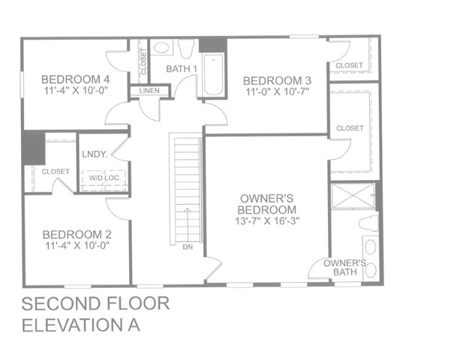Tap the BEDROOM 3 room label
coord(277,80)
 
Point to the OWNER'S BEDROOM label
coord(267,204)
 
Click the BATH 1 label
coord(182,69)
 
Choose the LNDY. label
coord(97,156)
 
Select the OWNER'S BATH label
coord(345,268)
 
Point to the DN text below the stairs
coord(187,247)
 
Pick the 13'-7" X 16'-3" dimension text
coord(267,221)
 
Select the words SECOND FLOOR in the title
coord(96,304)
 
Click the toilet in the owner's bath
coord(368,223)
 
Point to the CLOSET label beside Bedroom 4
coord(143,61)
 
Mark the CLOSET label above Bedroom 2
coord(56,172)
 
